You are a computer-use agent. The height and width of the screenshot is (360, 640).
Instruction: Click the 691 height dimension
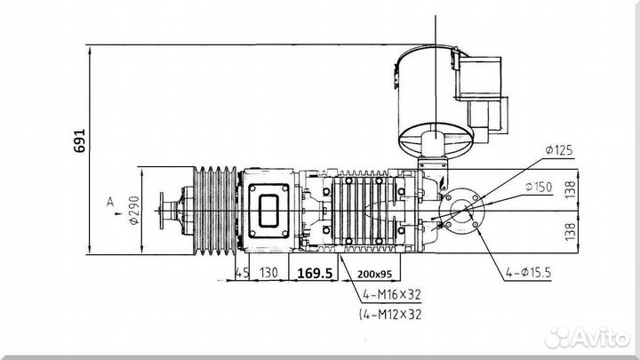(77, 140)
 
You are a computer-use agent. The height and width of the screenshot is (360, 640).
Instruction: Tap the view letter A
(109, 203)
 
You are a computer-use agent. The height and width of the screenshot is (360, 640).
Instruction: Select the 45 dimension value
(242, 273)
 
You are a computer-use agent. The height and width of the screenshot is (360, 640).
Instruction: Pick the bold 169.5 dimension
(315, 273)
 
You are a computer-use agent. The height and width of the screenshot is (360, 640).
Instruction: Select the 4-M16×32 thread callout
(388, 294)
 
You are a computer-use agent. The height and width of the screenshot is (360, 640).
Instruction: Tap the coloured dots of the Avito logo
(557, 337)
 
